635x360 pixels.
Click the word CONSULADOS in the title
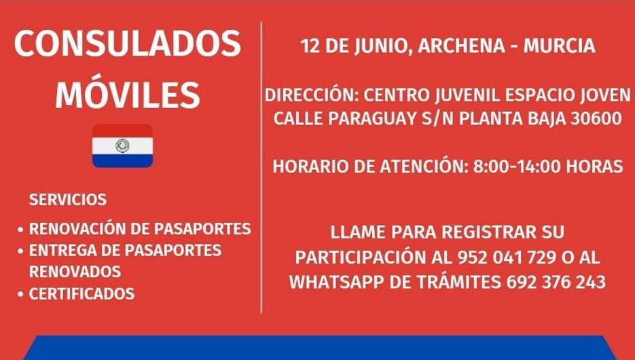(x=128, y=45)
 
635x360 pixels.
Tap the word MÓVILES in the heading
(x=128, y=94)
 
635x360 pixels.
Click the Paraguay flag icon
(x=123, y=145)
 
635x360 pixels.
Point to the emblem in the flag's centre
(x=123, y=145)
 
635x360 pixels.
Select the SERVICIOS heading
(x=68, y=200)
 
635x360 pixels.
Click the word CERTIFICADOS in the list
(x=81, y=294)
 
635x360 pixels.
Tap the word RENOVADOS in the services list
(x=75, y=272)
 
